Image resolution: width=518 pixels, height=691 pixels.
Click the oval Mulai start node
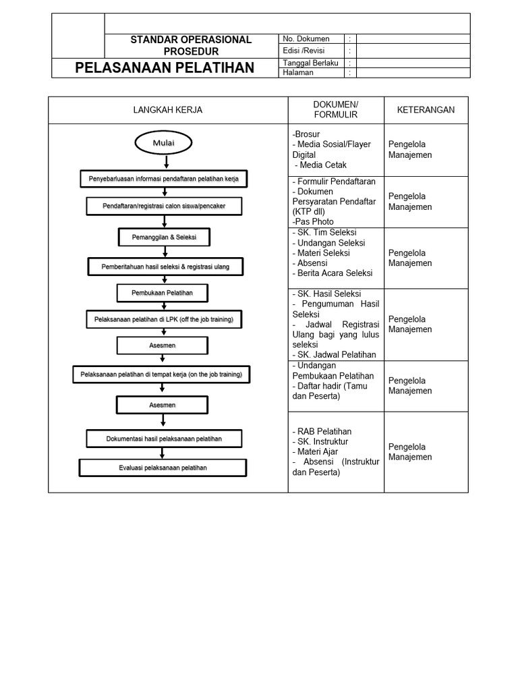pos(164,142)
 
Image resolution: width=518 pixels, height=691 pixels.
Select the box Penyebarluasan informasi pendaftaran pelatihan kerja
pos(164,179)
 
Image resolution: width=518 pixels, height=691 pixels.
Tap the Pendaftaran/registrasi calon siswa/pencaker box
pos(164,205)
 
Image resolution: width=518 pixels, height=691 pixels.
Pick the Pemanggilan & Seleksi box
pos(164,237)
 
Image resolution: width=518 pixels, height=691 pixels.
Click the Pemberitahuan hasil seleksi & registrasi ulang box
pos(165,267)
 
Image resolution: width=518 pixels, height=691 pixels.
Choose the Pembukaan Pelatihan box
pos(163,293)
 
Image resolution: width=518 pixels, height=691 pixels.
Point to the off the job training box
pos(163,319)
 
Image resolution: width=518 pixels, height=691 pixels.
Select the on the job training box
pos(161,374)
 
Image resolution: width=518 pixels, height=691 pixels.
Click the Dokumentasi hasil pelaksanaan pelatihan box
pos(164,439)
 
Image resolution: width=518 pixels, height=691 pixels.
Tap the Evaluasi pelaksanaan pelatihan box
pos(163,467)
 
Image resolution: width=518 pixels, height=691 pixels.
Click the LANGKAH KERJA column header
pos(168,110)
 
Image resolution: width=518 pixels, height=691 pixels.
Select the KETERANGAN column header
pos(426,110)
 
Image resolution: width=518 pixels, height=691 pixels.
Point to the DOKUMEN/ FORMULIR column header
pos(336,110)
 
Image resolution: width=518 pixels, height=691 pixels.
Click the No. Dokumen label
pos(306,39)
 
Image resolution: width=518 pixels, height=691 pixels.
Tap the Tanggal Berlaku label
pos(310,63)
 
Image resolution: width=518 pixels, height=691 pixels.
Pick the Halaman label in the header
pos(298,73)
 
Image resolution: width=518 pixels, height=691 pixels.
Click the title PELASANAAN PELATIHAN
pos(165,67)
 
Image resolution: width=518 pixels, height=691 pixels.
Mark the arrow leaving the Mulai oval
pos(166,161)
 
